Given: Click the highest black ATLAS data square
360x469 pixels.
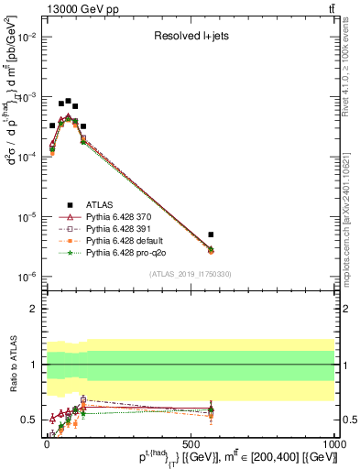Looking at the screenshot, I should pos(68,101).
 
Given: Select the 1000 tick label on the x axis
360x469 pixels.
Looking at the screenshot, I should pos(334,442).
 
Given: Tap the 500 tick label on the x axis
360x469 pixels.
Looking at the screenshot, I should pos(191,442).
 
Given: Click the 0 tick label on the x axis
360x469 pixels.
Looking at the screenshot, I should pos(47,442).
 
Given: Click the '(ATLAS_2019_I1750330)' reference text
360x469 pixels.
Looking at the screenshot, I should pos(191,274).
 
